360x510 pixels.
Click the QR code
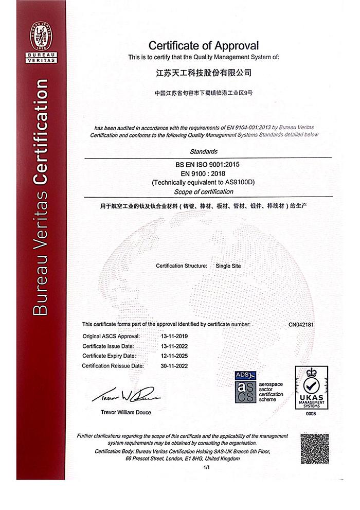coord(314,448)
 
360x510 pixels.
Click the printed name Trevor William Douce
coord(126,412)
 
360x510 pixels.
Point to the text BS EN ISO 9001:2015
coord(204,164)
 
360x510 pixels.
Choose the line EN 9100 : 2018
coord(204,173)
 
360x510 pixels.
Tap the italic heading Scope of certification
coord(204,192)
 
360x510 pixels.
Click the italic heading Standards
coord(204,152)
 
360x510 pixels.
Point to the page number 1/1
coord(207,467)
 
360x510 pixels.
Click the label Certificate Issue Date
coord(108,346)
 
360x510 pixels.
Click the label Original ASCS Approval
coord(111,336)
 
